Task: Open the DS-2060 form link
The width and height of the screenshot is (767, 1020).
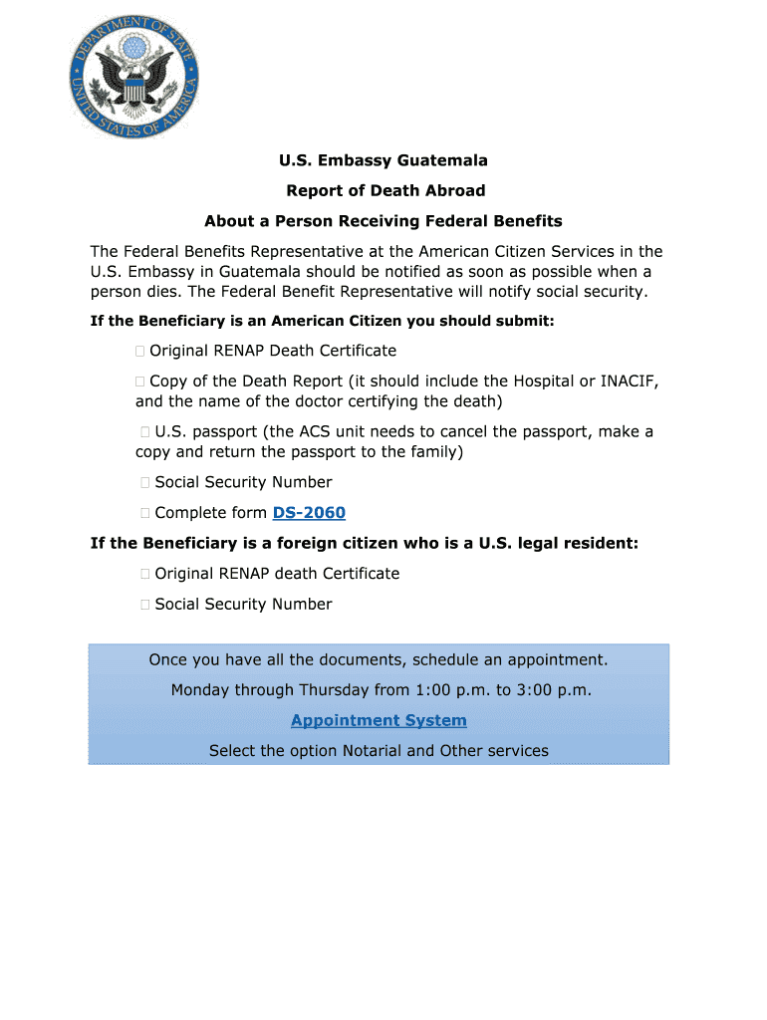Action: (x=309, y=513)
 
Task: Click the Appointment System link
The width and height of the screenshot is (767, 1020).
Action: (x=379, y=720)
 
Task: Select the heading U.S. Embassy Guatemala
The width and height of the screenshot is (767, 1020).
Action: (x=383, y=160)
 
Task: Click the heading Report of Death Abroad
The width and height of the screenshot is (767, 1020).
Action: (x=385, y=190)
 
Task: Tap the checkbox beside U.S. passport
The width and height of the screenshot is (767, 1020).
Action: (x=145, y=432)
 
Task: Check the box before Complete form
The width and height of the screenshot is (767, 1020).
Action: (x=145, y=513)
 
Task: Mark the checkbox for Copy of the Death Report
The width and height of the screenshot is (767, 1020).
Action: (x=140, y=382)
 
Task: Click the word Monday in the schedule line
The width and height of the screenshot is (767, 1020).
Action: (x=200, y=689)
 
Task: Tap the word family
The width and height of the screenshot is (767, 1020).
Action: (x=433, y=451)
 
